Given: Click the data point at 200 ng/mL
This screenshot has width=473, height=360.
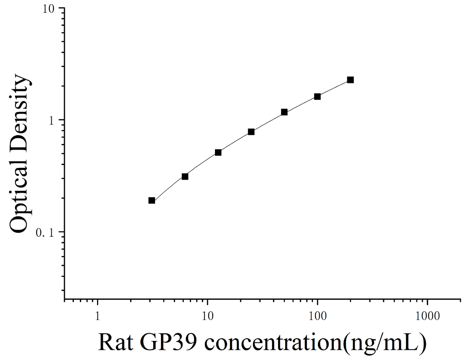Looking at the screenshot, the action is (350, 80).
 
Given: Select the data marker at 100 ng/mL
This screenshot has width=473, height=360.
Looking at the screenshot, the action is (317, 97).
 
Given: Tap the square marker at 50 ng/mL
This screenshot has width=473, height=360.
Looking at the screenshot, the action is (284, 112).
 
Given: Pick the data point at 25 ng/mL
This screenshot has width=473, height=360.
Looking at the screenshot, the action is (251, 132).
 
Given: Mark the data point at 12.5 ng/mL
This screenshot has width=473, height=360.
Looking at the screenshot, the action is (218, 152).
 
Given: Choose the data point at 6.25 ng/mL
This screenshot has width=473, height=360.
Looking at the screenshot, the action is (185, 176).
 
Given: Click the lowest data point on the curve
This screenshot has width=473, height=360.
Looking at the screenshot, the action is (152, 200).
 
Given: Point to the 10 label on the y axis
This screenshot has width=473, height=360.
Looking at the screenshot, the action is (48, 8).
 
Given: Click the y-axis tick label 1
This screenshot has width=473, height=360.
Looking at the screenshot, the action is (52, 120).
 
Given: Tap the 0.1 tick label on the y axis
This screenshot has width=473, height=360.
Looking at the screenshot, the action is (45, 233).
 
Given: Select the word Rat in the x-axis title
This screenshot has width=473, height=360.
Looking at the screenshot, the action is (116, 342).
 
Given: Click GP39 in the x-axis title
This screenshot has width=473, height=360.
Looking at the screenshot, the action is (169, 342).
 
